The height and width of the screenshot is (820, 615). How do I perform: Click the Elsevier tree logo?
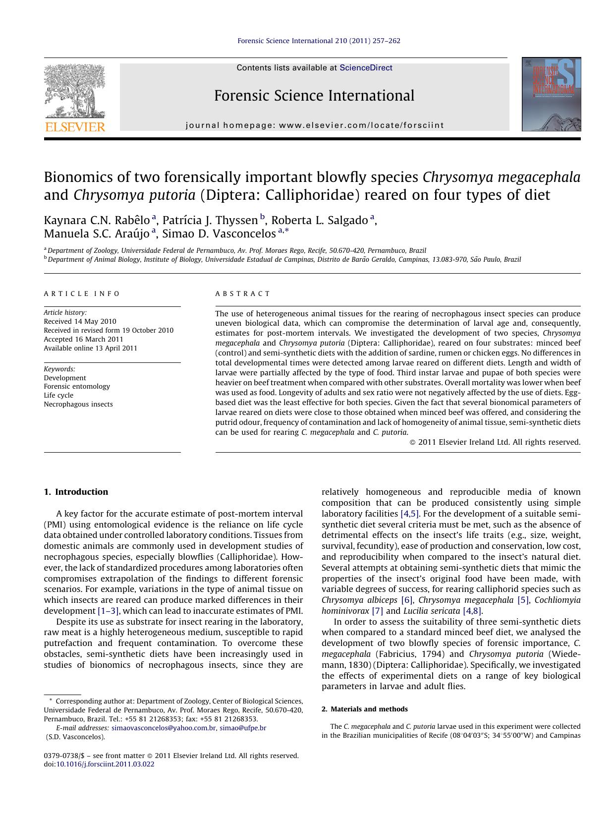75,91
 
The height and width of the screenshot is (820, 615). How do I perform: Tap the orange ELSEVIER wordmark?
75,127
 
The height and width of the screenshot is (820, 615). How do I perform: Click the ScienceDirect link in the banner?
366,68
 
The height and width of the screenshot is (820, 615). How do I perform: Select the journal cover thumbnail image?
551,94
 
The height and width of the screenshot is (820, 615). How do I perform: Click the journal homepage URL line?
315,125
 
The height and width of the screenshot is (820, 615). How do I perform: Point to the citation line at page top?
319,41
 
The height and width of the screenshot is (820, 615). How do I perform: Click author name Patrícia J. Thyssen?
210,221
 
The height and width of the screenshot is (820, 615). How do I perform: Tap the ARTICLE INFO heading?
82,293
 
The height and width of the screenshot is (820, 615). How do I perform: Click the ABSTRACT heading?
243,293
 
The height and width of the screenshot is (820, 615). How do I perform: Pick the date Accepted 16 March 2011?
83,339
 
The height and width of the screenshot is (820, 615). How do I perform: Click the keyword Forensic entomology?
77,386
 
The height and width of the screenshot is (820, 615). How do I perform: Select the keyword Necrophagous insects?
78,404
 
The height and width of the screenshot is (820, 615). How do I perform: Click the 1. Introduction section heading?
76,492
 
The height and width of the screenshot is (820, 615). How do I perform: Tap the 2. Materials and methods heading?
364,709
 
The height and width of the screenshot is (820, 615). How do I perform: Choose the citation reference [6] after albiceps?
406,600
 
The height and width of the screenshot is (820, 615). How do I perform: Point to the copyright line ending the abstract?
495,442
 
